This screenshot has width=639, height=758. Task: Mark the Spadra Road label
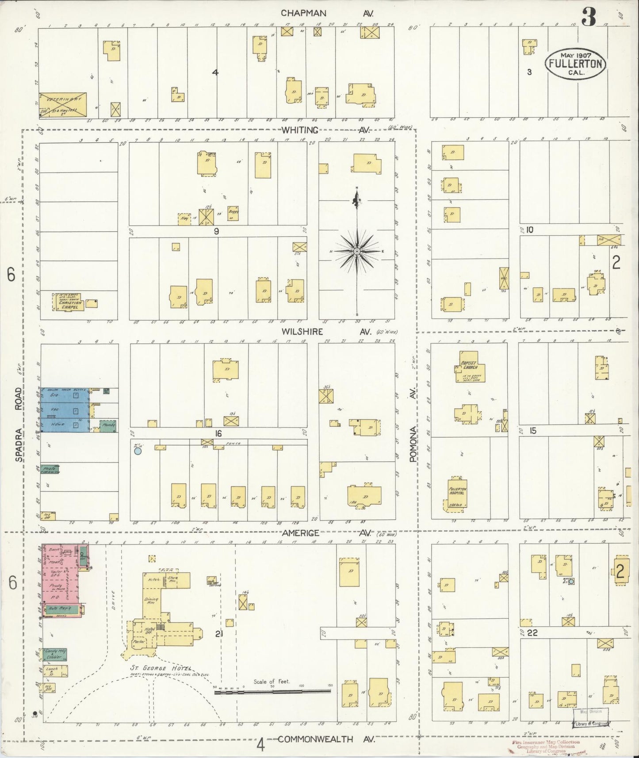point(18,425)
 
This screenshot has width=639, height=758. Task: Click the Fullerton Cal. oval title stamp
point(575,63)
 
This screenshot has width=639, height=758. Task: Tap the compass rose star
point(356,251)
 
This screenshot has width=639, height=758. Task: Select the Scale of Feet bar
point(272,691)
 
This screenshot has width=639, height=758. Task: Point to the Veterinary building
point(62,104)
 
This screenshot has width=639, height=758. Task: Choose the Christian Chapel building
point(69,302)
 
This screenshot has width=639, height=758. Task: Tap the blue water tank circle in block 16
point(138,452)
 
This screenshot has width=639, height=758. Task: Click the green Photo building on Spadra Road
point(50,469)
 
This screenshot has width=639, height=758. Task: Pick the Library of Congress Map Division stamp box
point(592,717)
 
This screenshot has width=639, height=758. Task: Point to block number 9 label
point(216,230)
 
